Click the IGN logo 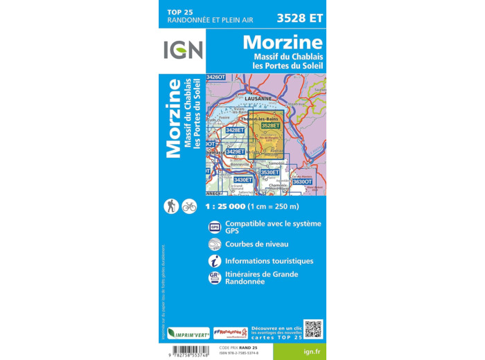point(183,49)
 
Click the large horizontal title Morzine point(282,42)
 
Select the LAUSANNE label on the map point(258,98)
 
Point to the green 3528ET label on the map point(271,125)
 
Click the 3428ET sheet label point(236,130)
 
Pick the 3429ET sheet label point(236,152)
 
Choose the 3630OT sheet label point(303,181)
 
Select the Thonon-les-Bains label point(255,119)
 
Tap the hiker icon point(170,206)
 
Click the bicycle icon point(189,206)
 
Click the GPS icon point(215,227)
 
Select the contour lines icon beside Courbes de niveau point(215,244)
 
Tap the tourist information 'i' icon point(215,261)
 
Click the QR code point(313,329)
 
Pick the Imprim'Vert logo point(188,333)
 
